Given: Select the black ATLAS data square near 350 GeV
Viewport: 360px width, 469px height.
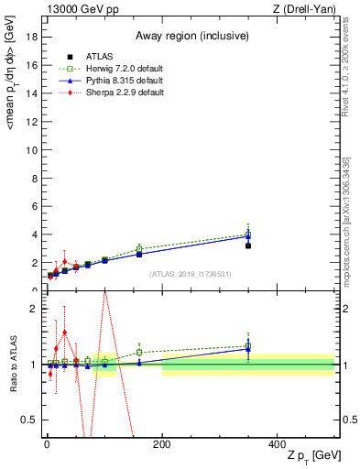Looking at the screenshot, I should [x=247, y=245].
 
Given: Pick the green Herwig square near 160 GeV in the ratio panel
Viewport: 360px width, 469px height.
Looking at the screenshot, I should [x=139, y=352].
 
